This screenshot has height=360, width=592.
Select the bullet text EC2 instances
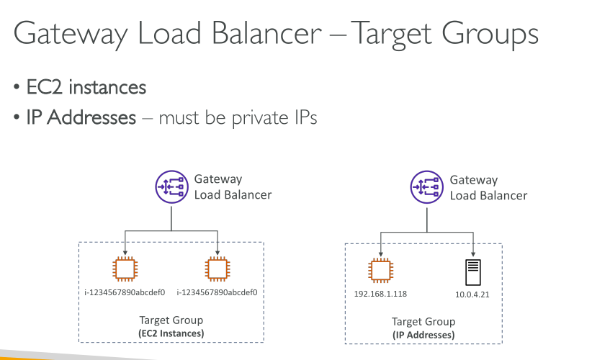(86, 88)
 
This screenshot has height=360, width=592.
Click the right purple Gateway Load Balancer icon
(425, 187)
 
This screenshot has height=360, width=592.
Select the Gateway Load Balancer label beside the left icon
(233, 187)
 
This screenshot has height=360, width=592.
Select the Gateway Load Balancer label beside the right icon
(488, 187)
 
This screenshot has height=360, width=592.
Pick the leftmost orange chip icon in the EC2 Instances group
(125, 269)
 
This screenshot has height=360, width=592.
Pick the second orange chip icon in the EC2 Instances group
(217, 269)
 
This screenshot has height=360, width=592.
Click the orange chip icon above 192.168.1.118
(380, 271)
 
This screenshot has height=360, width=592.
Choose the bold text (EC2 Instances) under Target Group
(171, 333)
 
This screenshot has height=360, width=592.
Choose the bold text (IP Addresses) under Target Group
(423, 336)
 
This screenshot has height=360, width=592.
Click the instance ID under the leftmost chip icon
(125, 292)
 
